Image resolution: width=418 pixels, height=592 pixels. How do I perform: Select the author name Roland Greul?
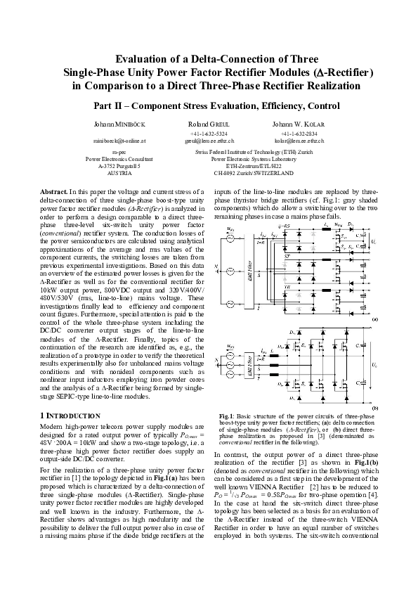[209, 124]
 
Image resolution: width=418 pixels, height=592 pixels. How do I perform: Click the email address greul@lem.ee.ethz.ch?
[209, 141]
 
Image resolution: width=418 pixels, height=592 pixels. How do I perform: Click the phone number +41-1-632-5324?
[209, 133]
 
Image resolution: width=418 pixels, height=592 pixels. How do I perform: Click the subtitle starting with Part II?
[209, 105]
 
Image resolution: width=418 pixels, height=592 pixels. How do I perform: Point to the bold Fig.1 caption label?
[226, 416]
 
